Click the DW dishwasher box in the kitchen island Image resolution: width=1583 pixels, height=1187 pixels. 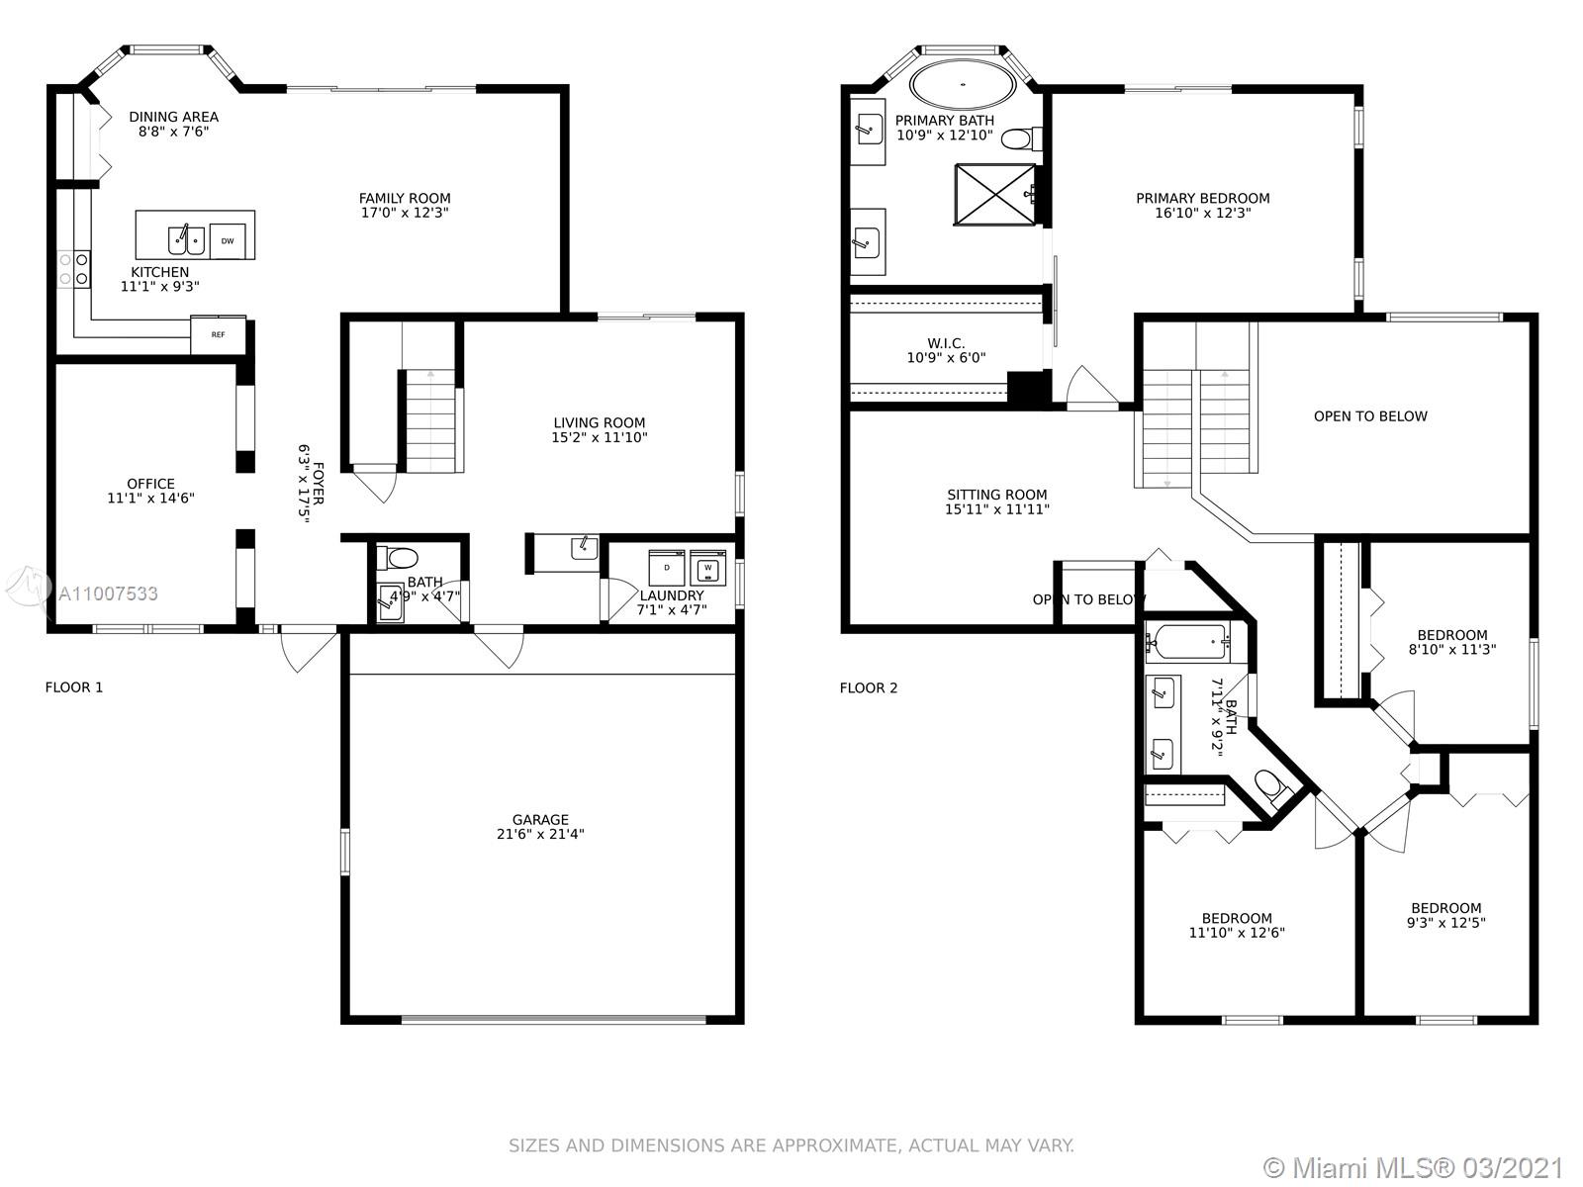pos(228,240)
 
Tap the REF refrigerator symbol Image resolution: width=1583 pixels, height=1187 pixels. pos(218,334)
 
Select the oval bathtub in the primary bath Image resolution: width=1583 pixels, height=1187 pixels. pos(962,85)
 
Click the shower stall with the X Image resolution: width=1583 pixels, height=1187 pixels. pos(994,194)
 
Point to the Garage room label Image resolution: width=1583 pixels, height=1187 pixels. pos(540,827)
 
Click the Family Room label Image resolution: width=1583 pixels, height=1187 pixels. pos(405,205)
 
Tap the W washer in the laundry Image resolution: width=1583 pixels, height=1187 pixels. pos(707,567)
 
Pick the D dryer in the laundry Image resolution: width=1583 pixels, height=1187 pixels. pos(667,567)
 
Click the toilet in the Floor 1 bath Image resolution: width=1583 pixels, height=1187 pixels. pos(398,557)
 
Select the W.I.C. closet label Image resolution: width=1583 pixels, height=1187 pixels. pos(946,350)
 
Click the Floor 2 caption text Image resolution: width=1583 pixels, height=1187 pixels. pos(869,687)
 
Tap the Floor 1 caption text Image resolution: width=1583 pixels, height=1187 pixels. pos(73,686)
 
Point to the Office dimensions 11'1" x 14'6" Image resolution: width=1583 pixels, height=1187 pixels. pos(150,498)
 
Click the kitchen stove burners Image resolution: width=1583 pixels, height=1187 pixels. pos(73,268)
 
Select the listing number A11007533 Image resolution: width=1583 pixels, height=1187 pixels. pos(108,593)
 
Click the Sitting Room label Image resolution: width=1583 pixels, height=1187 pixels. pos(996,502)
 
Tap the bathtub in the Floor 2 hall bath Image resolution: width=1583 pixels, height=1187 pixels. pos(1188,642)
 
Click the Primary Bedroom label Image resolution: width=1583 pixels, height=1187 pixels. pos(1202,205)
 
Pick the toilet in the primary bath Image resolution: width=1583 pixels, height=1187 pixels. pos(1021,137)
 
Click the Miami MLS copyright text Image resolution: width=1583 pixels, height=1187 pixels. pos(1414,1168)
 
